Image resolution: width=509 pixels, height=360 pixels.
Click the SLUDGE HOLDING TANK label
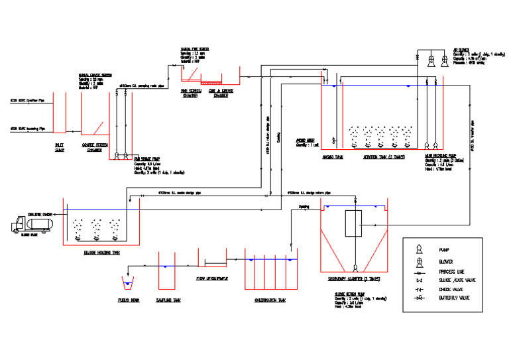101,253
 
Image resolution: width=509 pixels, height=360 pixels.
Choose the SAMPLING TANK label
168,300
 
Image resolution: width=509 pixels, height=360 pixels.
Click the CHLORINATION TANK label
270,300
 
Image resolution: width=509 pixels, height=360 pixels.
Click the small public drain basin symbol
127,284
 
